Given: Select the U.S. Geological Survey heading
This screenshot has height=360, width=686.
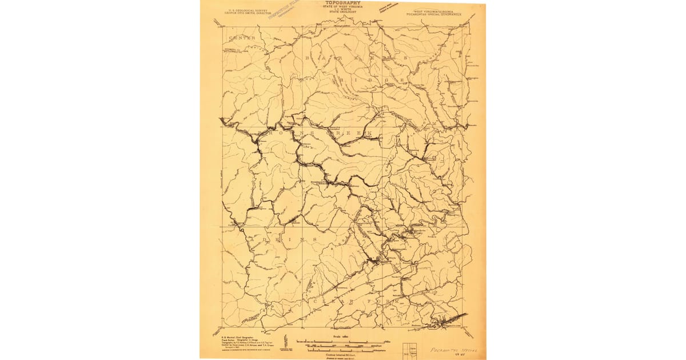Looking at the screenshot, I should pos(248,10).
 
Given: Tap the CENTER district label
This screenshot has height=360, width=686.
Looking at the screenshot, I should pos(242,38).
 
